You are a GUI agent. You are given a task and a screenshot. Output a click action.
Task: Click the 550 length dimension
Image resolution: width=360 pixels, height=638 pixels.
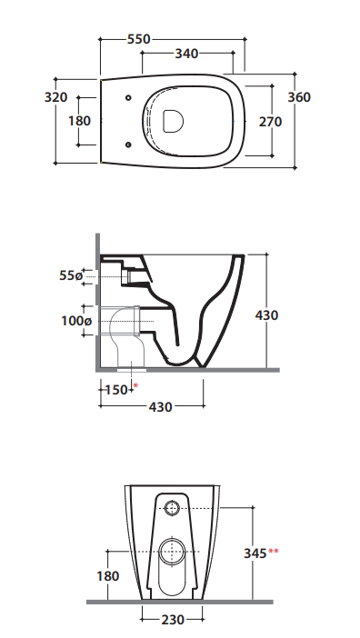(x=139, y=39)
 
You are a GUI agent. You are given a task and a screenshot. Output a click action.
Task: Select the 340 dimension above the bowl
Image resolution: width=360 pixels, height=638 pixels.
(x=186, y=54)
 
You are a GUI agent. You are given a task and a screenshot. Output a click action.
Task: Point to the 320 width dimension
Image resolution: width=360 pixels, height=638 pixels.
(x=55, y=97)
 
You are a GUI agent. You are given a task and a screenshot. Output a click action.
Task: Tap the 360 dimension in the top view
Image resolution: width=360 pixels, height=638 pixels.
(x=299, y=97)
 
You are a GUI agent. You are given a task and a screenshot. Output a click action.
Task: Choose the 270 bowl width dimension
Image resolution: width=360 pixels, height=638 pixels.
(x=270, y=121)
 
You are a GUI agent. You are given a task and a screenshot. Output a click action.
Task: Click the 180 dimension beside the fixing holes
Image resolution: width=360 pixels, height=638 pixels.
(x=79, y=121)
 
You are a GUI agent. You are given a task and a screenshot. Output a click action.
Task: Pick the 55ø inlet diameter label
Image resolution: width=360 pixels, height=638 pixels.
(x=71, y=275)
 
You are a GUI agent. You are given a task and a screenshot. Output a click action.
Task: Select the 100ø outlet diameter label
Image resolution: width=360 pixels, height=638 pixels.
(x=76, y=321)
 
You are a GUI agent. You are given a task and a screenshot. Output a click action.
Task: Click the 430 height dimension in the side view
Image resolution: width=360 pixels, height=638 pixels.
(x=267, y=315)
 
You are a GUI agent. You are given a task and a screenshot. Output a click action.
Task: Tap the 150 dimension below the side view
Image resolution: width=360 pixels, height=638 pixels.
(x=116, y=390)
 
